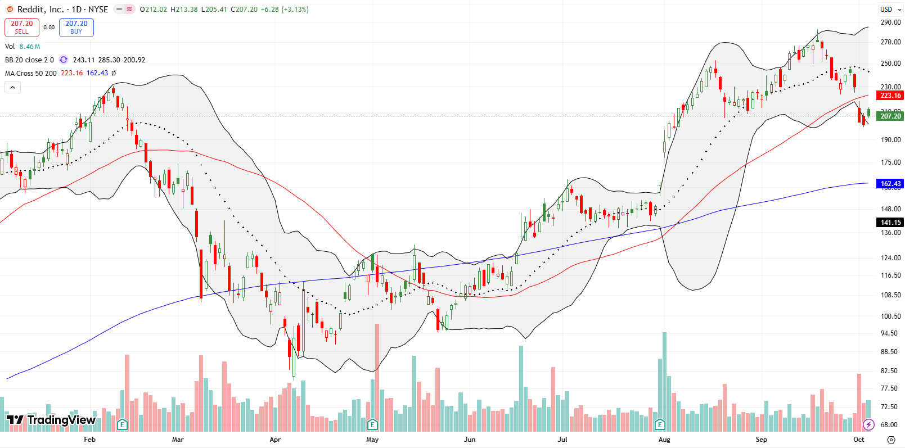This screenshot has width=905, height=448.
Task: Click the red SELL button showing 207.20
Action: (22, 27)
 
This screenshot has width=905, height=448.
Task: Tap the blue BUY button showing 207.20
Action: (76, 27)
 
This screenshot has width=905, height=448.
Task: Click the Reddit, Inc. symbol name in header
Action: (40, 10)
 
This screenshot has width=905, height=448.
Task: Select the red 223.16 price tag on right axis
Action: (890, 96)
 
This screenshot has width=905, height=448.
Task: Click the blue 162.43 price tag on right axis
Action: (890, 184)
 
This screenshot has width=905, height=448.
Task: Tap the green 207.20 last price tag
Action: (890, 116)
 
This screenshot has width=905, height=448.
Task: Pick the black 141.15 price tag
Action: (890, 223)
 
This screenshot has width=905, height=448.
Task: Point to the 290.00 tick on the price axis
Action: (890, 22)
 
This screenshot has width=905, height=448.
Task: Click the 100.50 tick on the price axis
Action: (890, 316)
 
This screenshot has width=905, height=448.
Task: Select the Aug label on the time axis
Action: (664, 440)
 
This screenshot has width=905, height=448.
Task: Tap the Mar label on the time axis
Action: (178, 440)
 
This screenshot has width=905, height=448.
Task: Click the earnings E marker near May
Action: (372, 424)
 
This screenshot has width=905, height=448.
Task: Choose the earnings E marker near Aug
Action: (660, 424)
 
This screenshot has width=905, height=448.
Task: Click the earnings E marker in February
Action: (122, 424)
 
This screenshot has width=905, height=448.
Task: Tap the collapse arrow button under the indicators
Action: (12, 87)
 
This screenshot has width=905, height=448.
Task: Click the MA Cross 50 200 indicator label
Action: (31, 73)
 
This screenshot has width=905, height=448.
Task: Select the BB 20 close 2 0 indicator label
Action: (29, 60)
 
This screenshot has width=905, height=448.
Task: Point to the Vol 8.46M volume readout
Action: (22, 47)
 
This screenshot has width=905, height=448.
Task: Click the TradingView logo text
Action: (51, 420)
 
